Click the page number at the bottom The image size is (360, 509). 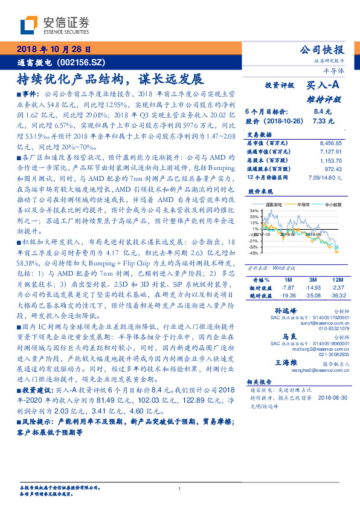pos(180,488)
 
